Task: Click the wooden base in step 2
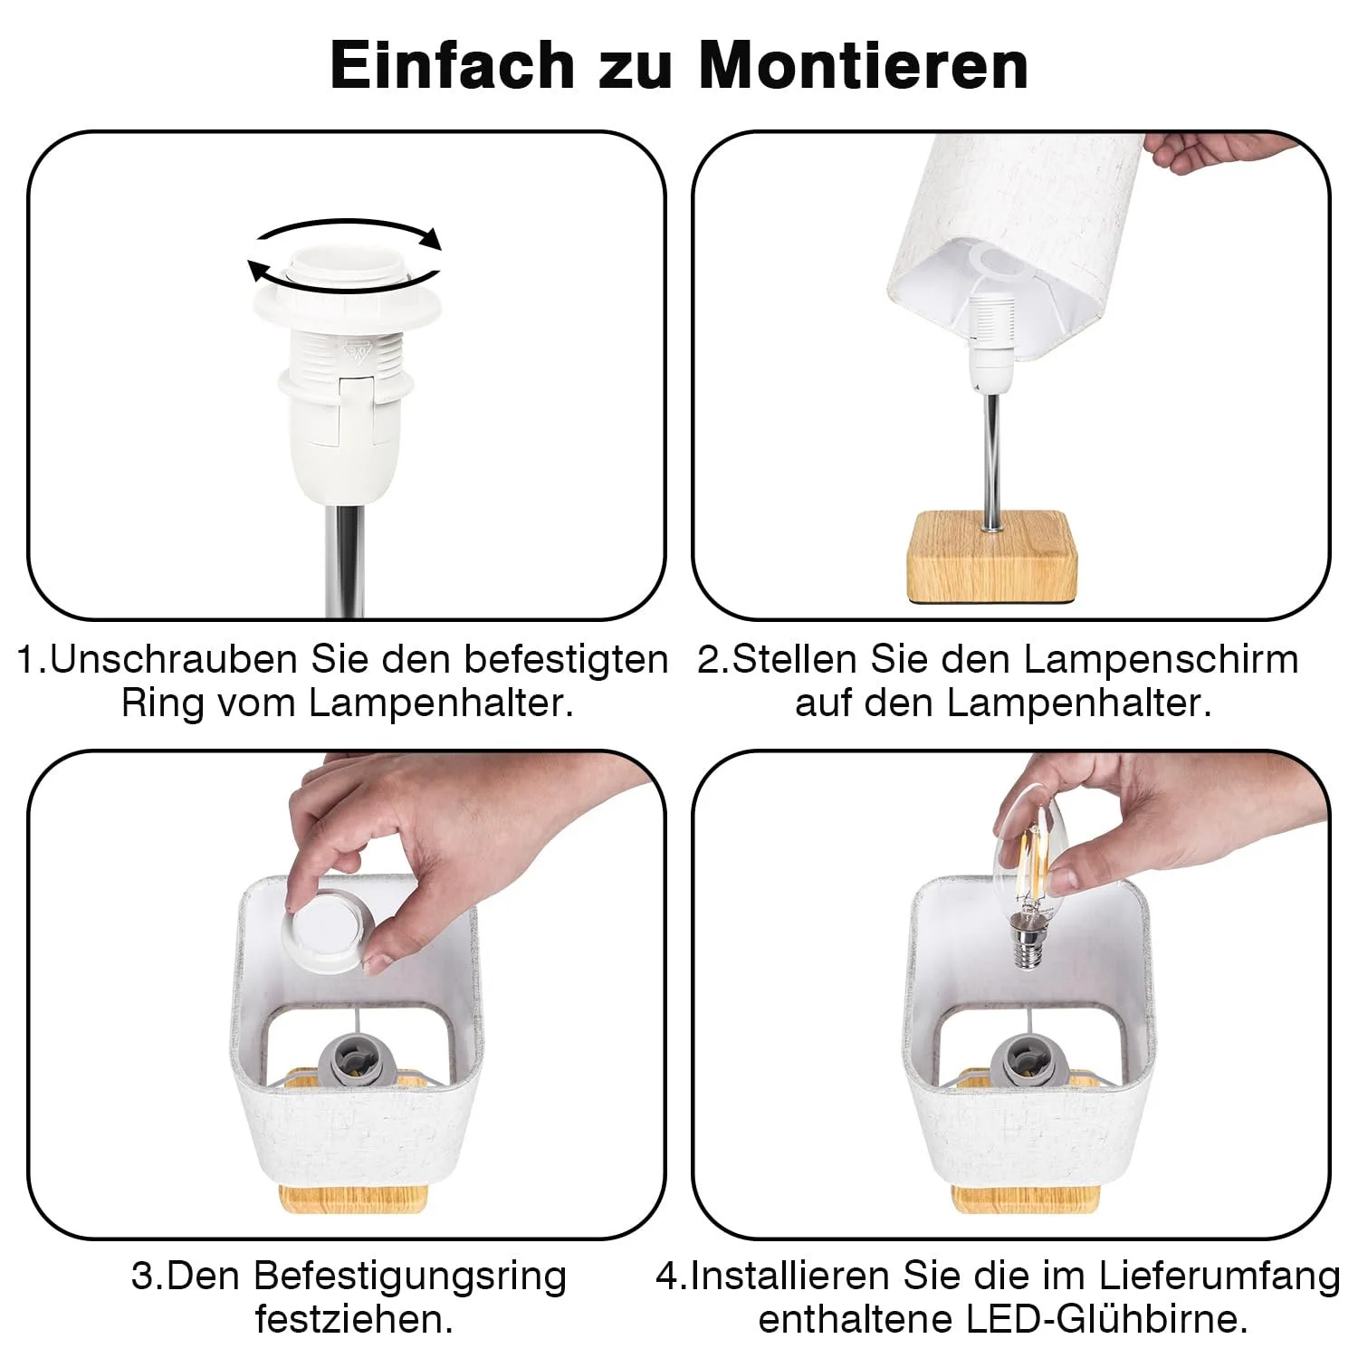pyautogui.click(x=992, y=558)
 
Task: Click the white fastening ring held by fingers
pyautogui.click(x=328, y=938)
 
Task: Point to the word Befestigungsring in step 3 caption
pyautogui.click(x=410, y=1277)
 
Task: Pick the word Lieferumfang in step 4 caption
pyautogui.click(x=1220, y=1277)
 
